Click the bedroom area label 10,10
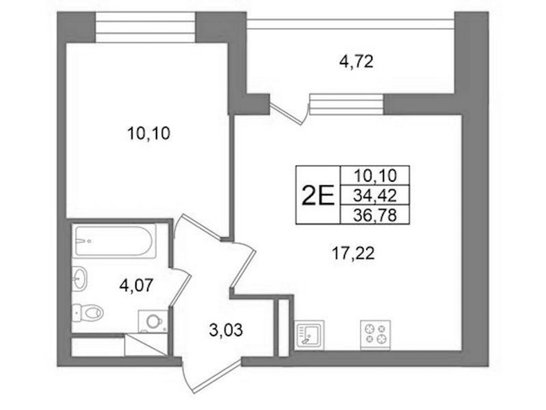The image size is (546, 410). (x=149, y=133)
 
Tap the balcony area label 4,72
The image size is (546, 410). (x=356, y=62)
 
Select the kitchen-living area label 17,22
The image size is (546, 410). (x=353, y=254)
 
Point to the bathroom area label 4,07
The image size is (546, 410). (x=136, y=286)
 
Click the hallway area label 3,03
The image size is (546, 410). (x=225, y=330)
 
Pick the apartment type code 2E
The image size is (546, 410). (x=317, y=196)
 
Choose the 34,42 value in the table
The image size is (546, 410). (x=375, y=196)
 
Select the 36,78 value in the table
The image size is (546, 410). (x=375, y=216)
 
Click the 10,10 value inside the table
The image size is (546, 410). (x=375, y=175)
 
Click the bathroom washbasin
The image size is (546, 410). (x=80, y=278)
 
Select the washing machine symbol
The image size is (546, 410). (x=153, y=322)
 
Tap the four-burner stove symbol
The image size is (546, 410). (x=375, y=334)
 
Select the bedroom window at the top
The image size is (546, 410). (x=145, y=27)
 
